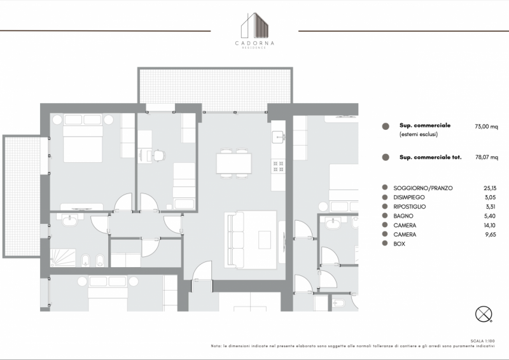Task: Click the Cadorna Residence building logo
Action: coord(255,25)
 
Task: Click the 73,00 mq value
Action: coord(486,127)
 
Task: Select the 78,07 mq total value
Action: coord(487,157)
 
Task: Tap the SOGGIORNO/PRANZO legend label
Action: coord(422,188)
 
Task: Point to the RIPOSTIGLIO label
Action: coord(409,207)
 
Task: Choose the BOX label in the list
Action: coord(400,244)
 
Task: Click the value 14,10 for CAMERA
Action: coord(489,225)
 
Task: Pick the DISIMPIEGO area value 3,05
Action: coord(490,197)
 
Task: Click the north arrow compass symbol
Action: coord(484,314)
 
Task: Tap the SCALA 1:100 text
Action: coord(483,341)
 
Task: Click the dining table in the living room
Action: coord(234,163)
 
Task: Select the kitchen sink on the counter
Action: coord(279,137)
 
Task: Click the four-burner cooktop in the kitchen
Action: coord(279,165)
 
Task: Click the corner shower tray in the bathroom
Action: coord(63,258)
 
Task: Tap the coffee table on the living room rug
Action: coord(265,240)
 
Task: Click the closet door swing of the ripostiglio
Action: coord(151,247)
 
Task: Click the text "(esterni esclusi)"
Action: coord(419,134)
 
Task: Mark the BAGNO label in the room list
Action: coord(403,216)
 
